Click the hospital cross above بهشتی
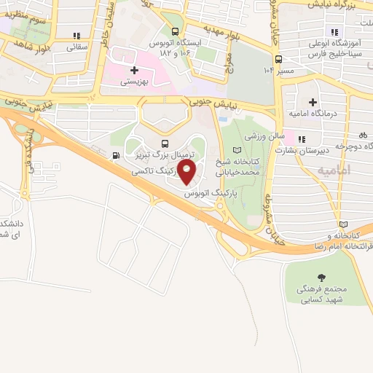point(133,71)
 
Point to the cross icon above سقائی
point(76,36)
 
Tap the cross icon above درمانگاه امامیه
point(313,101)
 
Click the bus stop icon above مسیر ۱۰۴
point(278,59)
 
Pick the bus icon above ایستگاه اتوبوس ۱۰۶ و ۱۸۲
point(175,31)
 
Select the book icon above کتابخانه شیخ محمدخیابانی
point(235,149)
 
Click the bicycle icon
point(363,135)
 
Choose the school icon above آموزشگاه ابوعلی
point(335,31)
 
